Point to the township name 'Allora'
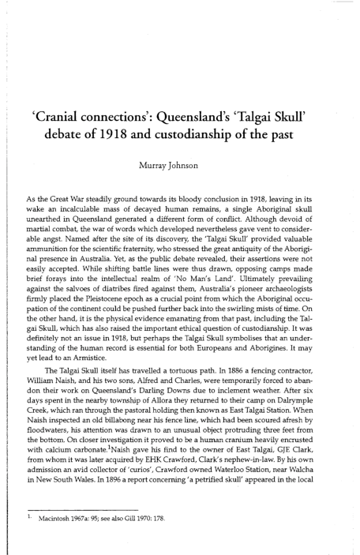(148, 375)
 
